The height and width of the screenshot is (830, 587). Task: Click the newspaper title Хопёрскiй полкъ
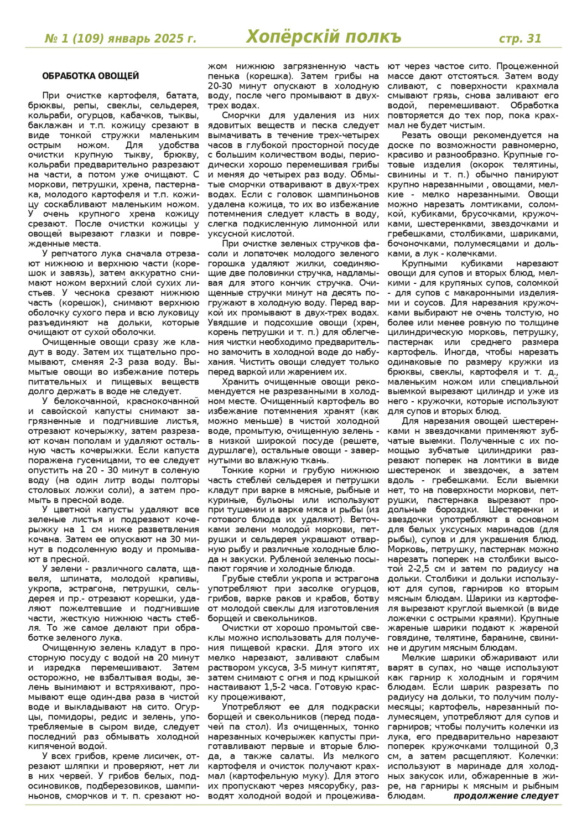[x=324, y=37]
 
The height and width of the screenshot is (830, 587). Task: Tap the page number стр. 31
[x=520, y=38]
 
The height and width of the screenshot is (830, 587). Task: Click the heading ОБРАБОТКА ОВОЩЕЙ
[x=90, y=76]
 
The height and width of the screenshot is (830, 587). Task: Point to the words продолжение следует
[x=506, y=796]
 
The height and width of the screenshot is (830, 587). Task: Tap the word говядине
[x=411, y=637]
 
